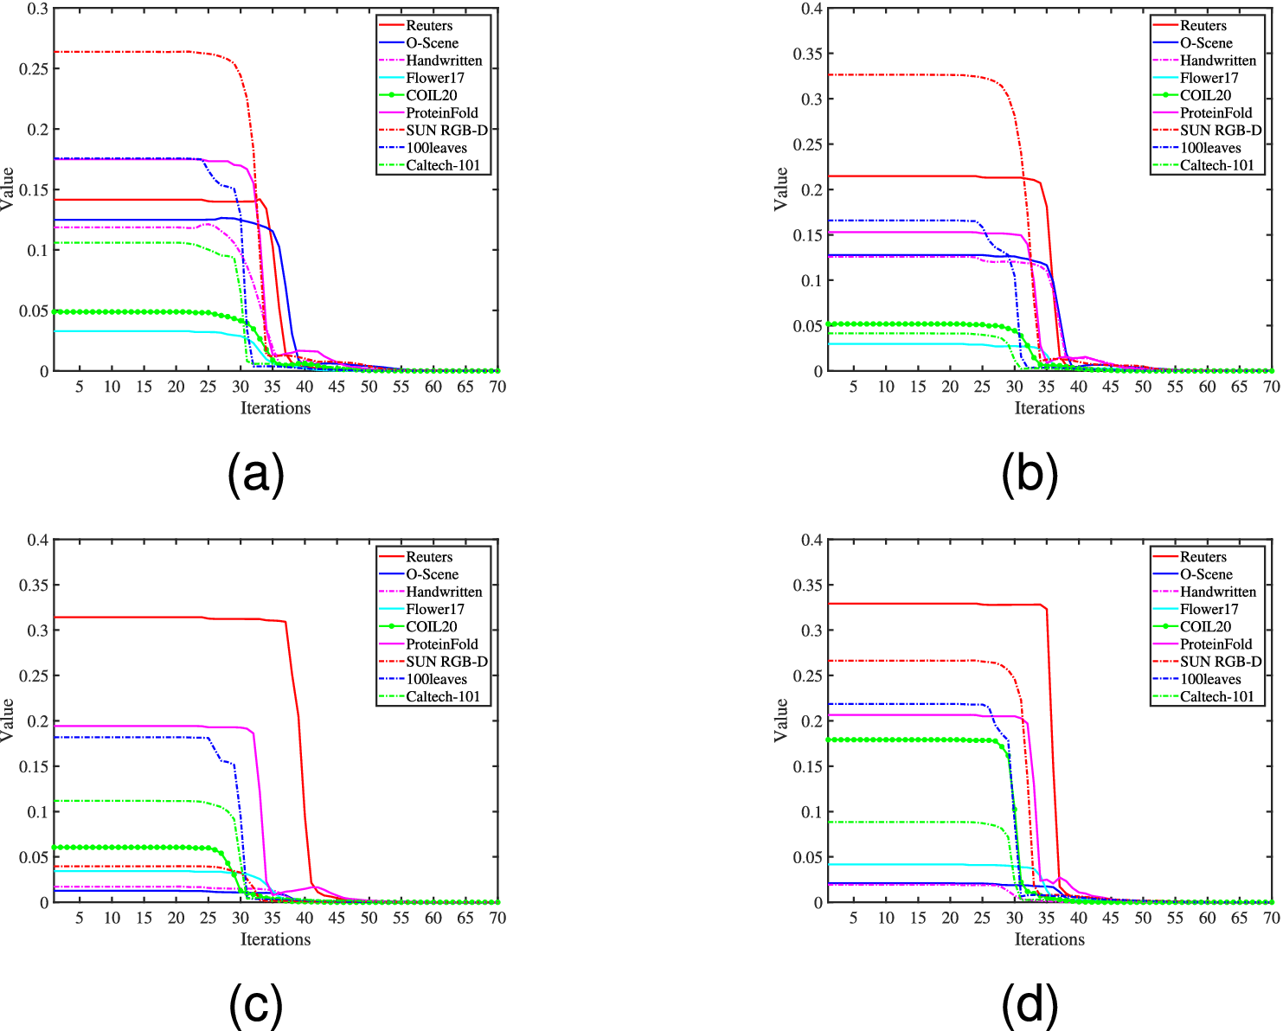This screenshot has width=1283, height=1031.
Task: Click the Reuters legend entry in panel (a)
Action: [x=429, y=25]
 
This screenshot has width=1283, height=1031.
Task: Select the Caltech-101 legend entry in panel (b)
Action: [x=1216, y=165]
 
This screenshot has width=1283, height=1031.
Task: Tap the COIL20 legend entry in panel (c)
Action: [x=431, y=626]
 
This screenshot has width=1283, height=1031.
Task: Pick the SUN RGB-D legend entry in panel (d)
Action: [x=1221, y=662]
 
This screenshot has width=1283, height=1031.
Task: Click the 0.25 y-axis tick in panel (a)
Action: [x=34, y=68]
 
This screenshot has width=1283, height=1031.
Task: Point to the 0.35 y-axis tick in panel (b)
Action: [x=808, y=54]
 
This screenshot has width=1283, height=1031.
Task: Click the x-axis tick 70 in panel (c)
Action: [x=497, y=918]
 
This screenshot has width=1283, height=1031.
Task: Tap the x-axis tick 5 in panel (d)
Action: [x=853, y=918]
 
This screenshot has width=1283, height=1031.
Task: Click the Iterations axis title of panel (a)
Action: [x=275, y=408]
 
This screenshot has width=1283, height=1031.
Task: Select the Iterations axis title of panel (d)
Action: [x=1049, y=939]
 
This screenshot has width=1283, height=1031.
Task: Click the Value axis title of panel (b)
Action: [x=780, y=189]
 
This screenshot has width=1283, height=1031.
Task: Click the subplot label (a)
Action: [x=255, y=473]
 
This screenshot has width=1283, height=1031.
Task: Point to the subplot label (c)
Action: [x=255, y=1005]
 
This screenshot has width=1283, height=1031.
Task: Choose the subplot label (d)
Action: [x=1030, y=1005]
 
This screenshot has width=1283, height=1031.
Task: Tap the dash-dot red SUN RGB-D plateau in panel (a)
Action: [x=130, y=52]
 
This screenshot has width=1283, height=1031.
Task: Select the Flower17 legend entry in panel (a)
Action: [x=435, y=78]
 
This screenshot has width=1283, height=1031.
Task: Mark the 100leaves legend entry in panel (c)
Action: [x=436, y=679]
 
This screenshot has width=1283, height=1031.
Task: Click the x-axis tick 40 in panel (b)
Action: [x=1079, y=387]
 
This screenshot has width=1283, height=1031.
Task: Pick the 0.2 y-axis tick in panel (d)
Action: [x=812, y=720]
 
